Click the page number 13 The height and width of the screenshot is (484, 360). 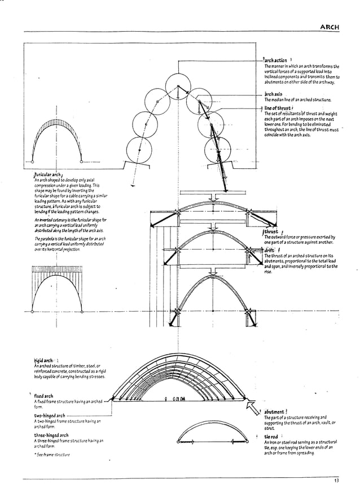[x=336, y=480]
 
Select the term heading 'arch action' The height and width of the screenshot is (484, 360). [x=276, y=59]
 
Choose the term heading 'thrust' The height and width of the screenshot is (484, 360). [x=271, y=232]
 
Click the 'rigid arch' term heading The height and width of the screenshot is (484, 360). [x=43, y=360]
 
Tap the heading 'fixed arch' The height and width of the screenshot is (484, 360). [x=44, y=396]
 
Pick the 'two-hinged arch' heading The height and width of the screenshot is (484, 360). [x=50, y=416]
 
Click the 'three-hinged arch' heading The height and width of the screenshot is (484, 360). [x=51, y=435]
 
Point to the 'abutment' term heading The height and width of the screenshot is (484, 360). [x=274, y=412]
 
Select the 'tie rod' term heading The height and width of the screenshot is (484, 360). [x=271, y=436]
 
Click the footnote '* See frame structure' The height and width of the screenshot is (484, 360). [x=52, y=454]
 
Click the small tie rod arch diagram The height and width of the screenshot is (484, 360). [x=205, y=439]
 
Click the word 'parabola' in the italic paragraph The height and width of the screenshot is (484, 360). [x=50, y=239]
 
